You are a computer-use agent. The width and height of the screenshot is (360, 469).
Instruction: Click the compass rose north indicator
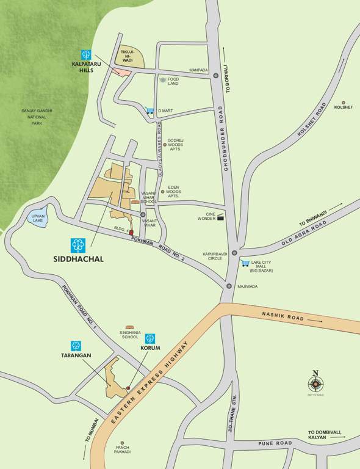pos(315,384)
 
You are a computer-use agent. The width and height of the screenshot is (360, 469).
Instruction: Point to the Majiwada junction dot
pos(229,286)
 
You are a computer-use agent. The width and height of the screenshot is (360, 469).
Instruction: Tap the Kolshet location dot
pos(344,103)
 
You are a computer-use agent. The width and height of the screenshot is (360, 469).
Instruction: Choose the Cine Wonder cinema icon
pos(220,216)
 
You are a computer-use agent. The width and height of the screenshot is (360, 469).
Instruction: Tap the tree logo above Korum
pos(150,338)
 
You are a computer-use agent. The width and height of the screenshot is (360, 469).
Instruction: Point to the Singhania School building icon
pos(129,327)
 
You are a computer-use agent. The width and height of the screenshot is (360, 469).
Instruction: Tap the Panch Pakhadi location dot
pos(122,443)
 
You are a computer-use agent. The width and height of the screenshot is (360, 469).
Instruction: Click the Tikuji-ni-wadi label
pos(128,56)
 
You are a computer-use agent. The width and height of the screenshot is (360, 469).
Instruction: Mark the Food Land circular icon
pos(162,80)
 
